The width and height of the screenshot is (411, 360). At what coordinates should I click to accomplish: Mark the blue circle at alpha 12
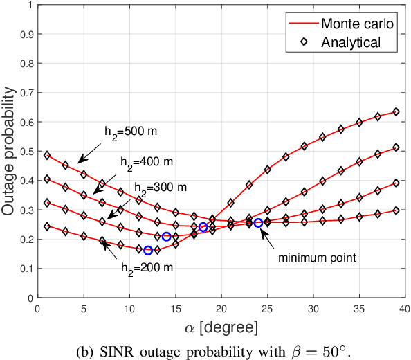(148, 250)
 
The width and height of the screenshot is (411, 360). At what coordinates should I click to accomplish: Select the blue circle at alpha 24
(258, 223)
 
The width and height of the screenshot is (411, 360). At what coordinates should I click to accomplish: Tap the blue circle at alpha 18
(203, 227)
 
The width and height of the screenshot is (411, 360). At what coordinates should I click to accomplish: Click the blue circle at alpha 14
(166, 237)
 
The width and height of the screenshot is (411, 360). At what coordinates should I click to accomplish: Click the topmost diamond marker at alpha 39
(396, 111)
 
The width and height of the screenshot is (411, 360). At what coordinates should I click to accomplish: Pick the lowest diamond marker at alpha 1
(47, 226)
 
